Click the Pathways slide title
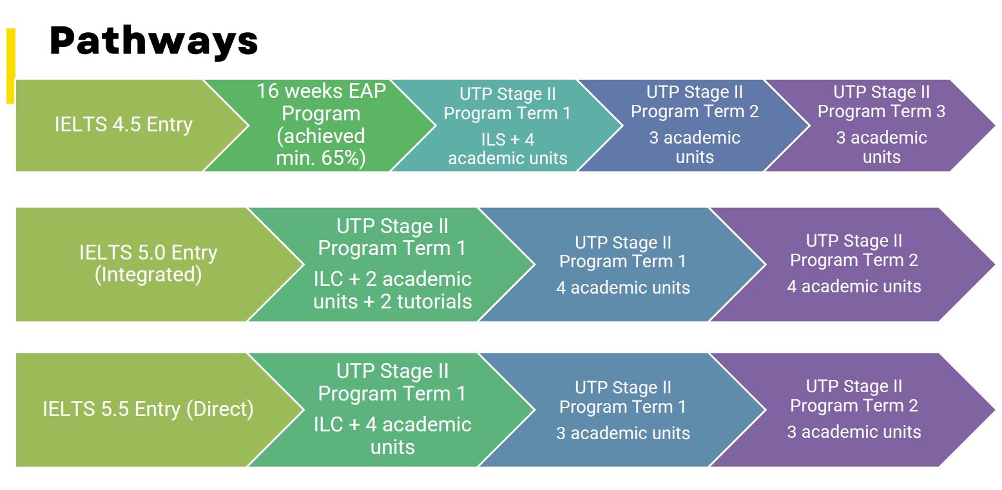point(153,41)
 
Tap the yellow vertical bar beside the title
point(11,66)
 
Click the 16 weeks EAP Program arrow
point(320,125)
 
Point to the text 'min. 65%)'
point(321,158)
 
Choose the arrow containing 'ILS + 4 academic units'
point(507,125)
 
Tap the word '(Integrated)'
point(148,275)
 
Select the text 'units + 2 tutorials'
point(392,301)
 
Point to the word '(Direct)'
point(220,409)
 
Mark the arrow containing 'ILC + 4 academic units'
point(392,410)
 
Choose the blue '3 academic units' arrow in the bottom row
point(622,410)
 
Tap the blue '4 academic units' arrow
point(622,264)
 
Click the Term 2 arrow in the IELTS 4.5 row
point(694,125)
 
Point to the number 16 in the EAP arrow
point(268,91)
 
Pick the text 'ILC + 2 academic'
point(392,279)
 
